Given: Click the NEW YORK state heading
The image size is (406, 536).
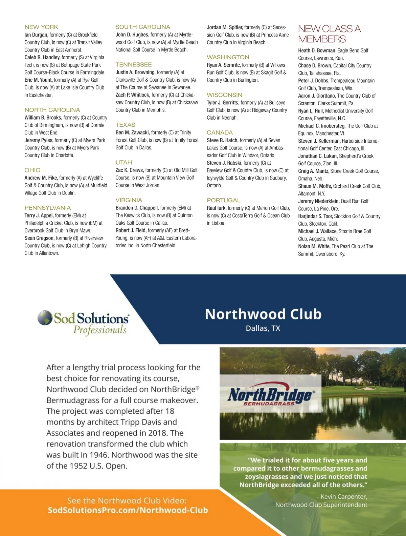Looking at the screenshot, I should point(41,27).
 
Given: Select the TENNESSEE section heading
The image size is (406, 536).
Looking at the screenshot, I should point(134,65).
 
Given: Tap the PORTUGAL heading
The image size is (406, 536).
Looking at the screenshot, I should point(224,201).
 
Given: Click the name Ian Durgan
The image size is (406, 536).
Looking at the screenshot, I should point(36,35).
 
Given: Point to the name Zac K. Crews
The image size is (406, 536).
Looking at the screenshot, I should point(130,170).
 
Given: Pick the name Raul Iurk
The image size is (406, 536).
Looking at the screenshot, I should point(217,208).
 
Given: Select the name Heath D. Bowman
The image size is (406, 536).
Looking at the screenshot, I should point(317,50).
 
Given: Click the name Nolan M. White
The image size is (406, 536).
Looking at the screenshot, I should point(314,246).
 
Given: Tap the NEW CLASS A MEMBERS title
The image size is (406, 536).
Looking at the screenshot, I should point(329,34).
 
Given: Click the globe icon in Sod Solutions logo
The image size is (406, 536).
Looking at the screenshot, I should point(45,318).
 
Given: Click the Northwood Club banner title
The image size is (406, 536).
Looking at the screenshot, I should point(263,314).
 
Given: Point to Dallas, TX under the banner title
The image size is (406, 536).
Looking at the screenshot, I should point(263,328).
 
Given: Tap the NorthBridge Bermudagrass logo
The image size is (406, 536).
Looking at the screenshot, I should point(271,396).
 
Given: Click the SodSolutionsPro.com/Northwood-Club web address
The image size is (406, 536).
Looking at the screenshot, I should point(128,510).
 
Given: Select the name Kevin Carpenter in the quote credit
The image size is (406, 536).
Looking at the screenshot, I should point(344,497).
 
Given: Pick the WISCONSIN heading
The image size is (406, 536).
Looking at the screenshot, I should point(225,95).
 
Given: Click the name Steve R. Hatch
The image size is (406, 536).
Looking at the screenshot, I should point(222,140).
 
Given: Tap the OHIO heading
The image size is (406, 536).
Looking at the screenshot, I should point(32,170).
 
